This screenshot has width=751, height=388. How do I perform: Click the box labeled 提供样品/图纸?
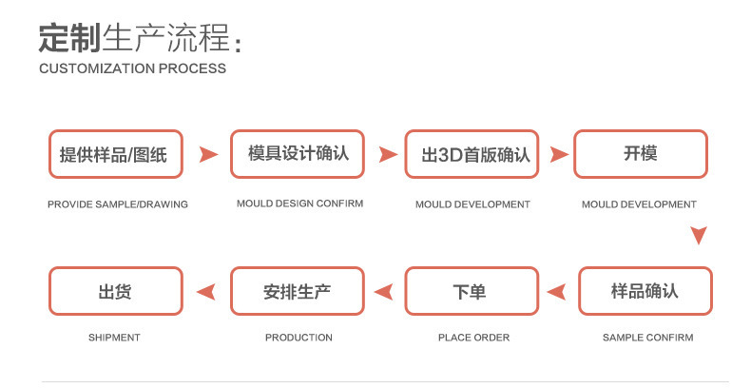(115, 154)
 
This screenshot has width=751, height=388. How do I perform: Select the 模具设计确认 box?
(298, 154)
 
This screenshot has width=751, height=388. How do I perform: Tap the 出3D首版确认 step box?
(472, 154)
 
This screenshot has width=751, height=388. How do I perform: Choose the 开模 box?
(641, 154)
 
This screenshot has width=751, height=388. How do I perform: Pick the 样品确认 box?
(645, 291)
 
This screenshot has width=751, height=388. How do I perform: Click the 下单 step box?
(472, 291)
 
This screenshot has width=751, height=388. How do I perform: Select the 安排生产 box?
(298, 291)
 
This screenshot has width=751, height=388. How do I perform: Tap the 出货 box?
(115, 291)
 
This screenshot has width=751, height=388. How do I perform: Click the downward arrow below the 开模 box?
(699, 235)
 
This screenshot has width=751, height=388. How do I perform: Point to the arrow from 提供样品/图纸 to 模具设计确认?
(207, 154)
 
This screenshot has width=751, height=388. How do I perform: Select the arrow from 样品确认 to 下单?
(559, 291)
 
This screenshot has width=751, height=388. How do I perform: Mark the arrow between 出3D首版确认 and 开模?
(559, 154)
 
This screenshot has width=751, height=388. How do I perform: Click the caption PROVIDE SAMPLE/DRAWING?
(118, 204)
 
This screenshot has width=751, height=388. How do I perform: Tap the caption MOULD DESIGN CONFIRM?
(299, 204)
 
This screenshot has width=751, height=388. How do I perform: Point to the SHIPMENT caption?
(114, 338)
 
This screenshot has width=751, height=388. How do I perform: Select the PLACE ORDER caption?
(473, 338)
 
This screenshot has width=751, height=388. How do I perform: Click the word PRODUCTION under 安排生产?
(298, 338)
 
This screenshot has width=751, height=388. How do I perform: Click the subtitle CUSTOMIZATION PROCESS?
(132, 68)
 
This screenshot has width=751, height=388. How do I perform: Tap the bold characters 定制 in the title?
(69, 38)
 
